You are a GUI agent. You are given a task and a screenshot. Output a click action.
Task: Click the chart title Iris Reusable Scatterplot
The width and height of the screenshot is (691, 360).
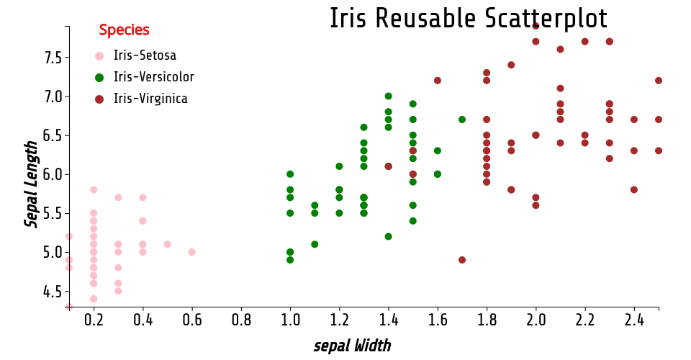pyautogui.click(x=469, y=19)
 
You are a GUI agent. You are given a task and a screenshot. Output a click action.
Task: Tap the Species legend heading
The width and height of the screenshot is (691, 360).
pyautogui.click(x=125, y=30)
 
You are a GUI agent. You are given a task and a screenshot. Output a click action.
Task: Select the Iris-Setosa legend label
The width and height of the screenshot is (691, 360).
pyautogui.click(x=145, y=55)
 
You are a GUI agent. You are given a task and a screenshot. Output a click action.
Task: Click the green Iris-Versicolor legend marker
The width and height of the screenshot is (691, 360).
pyautogui.click(x=99, y=78)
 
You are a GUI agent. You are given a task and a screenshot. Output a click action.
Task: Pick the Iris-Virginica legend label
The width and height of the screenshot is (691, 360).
pyautogui.click(x=150, y=98)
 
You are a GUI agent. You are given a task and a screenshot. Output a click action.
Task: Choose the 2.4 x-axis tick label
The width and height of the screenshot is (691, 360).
pyautogui.click(x=634, y=320)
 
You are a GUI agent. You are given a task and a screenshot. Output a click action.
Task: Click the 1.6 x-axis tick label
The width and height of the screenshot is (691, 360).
pyautogui.click(x=438, y=320)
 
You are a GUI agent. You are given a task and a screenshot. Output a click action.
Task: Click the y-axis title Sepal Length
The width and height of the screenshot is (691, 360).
pyautogui.click(x=31, y=184)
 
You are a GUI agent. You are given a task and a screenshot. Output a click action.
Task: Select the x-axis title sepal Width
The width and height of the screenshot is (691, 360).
pyautogui.click(x=352, y=346)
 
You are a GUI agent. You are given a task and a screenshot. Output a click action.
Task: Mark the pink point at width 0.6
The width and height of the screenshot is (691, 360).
pyautogui.click(x=191, y=252)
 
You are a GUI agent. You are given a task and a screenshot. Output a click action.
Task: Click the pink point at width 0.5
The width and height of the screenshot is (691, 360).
pyautogui.click(x=167, y=244)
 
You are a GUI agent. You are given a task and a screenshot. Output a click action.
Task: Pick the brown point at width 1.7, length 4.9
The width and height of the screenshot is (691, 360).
pyautogui.click(x=462, y=260)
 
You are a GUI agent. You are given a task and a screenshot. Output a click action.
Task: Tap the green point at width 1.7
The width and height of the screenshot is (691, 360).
pyautogui.click(x=462, y=120)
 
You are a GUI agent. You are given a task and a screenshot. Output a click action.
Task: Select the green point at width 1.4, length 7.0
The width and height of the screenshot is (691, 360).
pyautogui.click(x=388, y=96)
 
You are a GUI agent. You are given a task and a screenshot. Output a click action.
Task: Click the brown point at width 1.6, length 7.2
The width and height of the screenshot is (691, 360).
pyautogui.click(x=437, y=81)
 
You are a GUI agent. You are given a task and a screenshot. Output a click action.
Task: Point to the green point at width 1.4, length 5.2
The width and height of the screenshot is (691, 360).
pyautogui.click(x=388, y=237)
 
